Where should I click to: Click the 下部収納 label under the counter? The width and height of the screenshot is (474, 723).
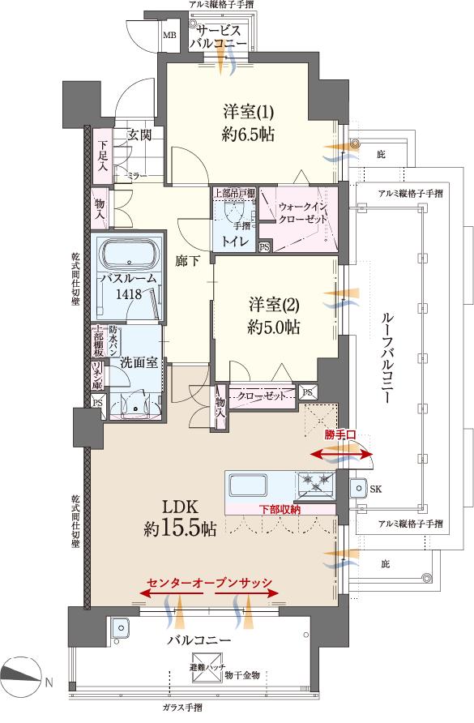[280, 510]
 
